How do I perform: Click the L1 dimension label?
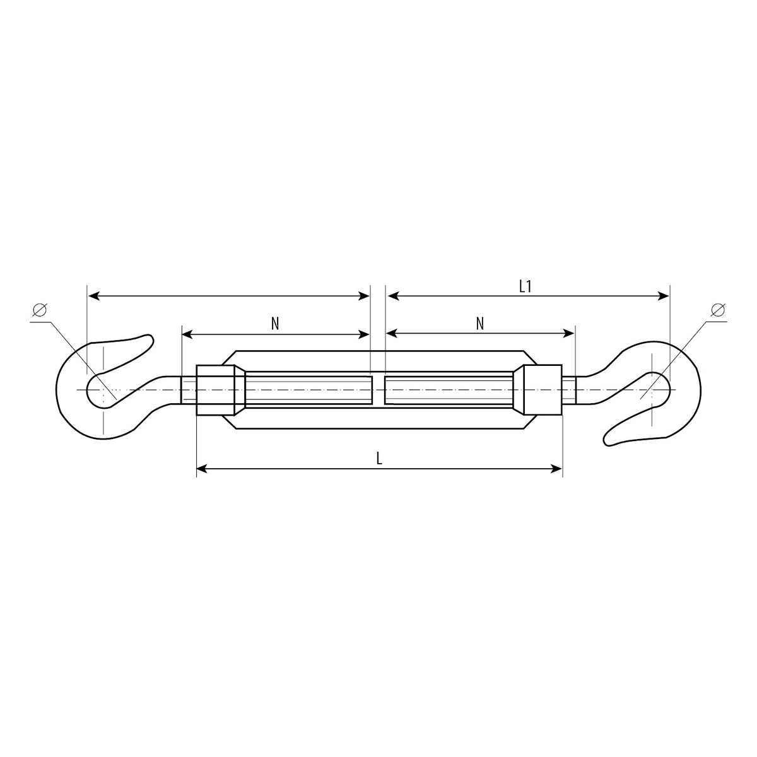(x=525, y=286)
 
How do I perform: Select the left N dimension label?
(x=275, y=324)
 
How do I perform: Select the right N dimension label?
(x=479, y=324)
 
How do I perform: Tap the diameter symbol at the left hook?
(x=40, y=310)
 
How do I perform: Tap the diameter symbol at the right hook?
(x=718, y=310)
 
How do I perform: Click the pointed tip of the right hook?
(x=607, y=442)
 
